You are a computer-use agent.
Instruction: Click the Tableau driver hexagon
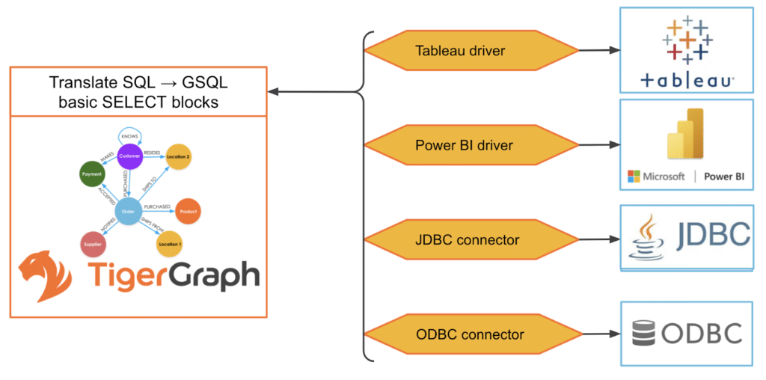471,51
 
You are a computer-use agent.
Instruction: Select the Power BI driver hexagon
471,144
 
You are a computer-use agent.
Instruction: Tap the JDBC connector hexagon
471,240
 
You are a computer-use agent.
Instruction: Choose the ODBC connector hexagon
471,334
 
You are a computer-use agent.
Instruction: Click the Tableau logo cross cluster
687,39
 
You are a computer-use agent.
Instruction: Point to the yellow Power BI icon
686,135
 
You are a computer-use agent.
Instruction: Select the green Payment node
91,174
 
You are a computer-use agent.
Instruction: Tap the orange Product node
189,211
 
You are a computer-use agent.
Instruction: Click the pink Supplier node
92,243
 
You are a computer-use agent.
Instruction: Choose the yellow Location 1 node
169,245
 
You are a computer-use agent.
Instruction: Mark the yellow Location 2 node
178,156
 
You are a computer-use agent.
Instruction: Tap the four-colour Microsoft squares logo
634,177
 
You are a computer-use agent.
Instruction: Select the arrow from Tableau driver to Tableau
599,51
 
